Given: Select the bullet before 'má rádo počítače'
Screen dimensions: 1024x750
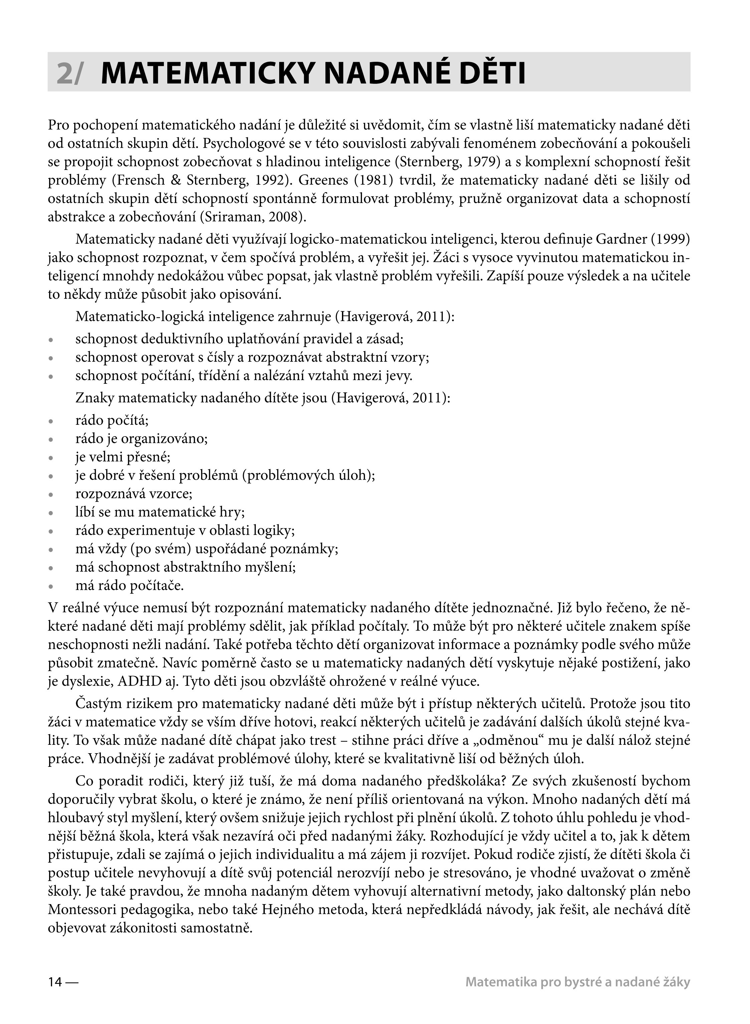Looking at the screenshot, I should click(x=51, y=586).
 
